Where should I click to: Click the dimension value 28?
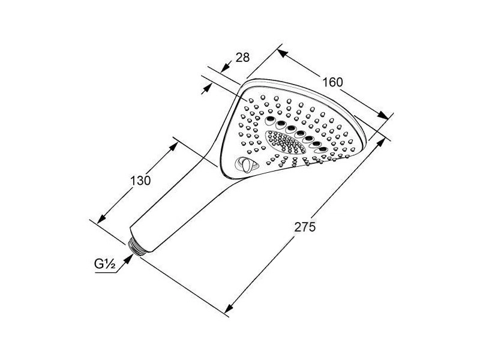(x=243, y=57)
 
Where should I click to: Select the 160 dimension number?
(x=333, y=82)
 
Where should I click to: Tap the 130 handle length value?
(x=140, y=181)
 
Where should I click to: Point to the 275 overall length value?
(x=305, y=227)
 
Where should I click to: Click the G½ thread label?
(x=104, y=264)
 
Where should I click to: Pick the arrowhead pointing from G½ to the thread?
(x=128, y=259)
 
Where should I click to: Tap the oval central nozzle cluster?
(x=286, y=142)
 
